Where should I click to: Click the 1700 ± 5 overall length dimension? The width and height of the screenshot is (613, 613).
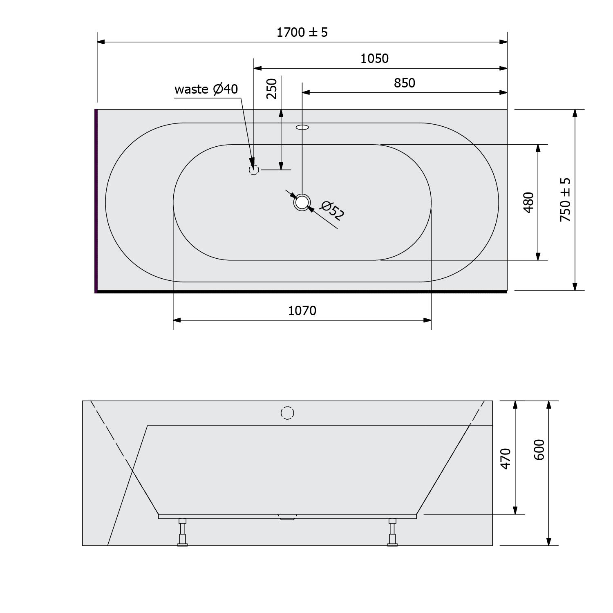coord(302,32)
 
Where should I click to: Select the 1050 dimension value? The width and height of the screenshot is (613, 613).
coord(374,59)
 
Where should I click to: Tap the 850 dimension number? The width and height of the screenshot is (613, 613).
coord(404,83)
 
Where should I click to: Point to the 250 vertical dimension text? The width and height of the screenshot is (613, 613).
coord(272,88)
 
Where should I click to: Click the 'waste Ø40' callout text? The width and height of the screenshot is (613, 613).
coord(206,89)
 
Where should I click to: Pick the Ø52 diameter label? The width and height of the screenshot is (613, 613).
coord(332,210)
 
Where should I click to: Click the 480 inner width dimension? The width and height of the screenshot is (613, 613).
coord(528,202)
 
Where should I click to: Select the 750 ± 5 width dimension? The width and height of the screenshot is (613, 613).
coord(565,200)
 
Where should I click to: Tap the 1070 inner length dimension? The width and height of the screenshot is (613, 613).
coord(302,311)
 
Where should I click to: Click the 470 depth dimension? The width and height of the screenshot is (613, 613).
coord(506,459)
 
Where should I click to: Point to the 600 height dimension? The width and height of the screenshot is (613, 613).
coord(539,450)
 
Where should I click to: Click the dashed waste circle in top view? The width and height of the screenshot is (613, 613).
coord(254,170)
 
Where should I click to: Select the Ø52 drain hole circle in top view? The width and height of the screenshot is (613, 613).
coord(302,202)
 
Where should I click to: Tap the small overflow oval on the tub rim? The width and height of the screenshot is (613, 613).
coord(302,127)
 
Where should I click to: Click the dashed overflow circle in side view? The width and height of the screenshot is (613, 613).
coord(288,413)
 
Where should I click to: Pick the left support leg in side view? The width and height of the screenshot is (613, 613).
coord(182,532)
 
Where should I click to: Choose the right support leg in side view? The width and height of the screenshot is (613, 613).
coord(392,532)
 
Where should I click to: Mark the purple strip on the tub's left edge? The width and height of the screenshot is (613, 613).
coord(96,200)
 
